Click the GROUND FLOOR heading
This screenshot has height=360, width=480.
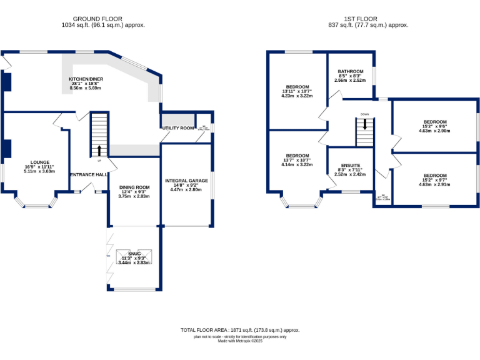102,19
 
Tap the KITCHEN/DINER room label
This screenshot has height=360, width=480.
86,79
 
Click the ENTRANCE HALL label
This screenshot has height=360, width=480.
88,174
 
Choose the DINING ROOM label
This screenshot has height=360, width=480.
135,187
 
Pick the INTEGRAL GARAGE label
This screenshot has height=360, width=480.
186,181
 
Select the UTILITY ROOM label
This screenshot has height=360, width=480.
178,128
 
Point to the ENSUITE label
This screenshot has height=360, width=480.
350,166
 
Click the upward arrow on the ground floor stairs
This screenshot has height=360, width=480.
99,151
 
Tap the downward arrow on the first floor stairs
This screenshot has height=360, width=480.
365,124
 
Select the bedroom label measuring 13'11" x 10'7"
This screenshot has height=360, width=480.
297,87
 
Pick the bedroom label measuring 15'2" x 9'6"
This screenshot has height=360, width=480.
434,122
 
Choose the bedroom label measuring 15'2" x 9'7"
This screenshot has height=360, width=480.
434,176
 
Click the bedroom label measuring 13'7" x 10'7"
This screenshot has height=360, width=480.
297,156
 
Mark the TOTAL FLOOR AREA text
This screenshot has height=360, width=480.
240,329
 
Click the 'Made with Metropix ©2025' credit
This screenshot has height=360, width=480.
240,341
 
